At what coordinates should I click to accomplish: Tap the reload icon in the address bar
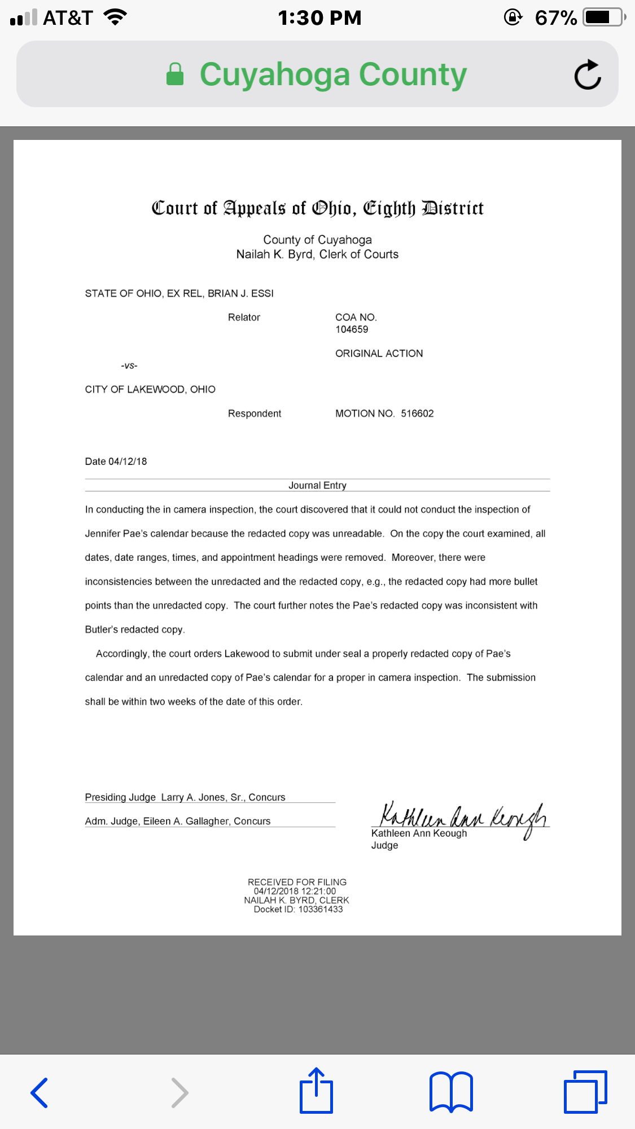click(x=588, y=74)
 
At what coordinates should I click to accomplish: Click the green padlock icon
click(x=175, y=74)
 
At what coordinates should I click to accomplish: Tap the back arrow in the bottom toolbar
click(x=40, y=1092)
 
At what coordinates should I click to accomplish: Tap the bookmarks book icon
click(x=451, y=1091)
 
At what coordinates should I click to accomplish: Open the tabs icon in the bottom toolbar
click(x=585, y=1091)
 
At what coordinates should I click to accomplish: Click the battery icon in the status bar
click(x=605, y=17)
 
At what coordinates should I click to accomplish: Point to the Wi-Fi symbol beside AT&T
click(x=115, y=17)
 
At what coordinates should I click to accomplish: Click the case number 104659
click(x=352, y=330)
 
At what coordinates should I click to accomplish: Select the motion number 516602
click(x=417, y=414)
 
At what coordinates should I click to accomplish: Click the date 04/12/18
click(x=128, y=462)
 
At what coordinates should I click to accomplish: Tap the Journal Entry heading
click(x=317, y=485)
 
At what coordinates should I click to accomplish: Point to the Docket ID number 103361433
click(x=321, y=909)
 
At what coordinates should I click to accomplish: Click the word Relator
click(x=244, y=318)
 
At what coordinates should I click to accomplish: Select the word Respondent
click(x=255, y=414)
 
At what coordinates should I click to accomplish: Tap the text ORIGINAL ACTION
click(x=379, y=354)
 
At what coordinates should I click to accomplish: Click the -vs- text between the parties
click(x=129, y=366)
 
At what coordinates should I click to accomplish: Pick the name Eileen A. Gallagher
click(x=186, y=821)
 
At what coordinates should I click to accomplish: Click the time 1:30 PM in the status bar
click(x=319, y=17)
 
